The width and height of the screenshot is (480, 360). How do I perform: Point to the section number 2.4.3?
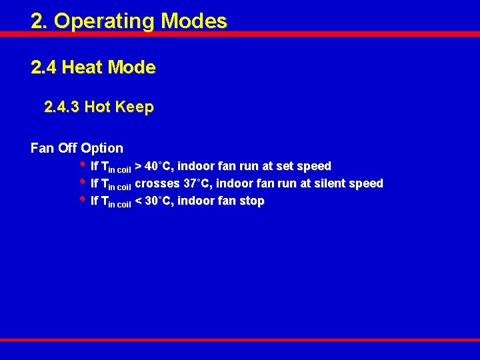[62, 107]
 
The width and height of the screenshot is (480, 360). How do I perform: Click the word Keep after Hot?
[135, 107]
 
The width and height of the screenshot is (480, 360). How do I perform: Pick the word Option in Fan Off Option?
[102, 148]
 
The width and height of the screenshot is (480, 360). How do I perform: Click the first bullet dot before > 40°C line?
[82, 164]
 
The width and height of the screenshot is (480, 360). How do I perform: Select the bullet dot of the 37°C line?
[82, 181]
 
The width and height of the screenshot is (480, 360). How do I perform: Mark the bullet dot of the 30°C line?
[82, 199]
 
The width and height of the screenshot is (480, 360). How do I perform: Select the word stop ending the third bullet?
[252, 201]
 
